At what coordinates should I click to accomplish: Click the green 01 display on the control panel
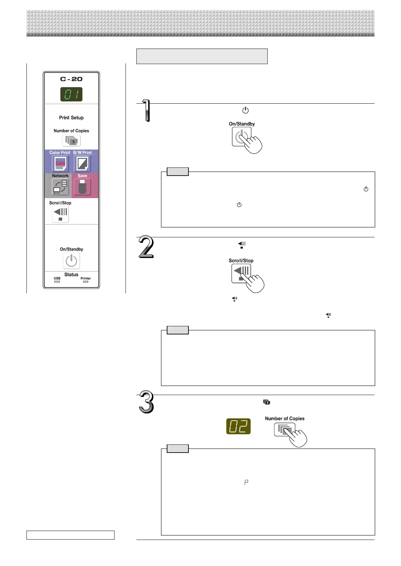(71, 94)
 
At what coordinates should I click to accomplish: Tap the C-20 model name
(71, 79)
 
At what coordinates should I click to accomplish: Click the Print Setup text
(71, 118)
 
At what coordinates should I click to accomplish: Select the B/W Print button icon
(82, 164)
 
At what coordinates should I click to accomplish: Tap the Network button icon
(60, 187)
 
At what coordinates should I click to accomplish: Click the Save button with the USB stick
(82, 187)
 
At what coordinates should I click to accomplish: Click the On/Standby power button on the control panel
(71, 261)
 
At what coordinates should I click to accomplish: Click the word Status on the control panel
(71, 275)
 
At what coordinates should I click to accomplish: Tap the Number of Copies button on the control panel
(71, 141)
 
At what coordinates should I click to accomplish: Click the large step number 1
(146, 111)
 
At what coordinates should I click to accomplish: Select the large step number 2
(146, 247)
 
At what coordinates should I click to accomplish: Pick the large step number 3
(146, 402)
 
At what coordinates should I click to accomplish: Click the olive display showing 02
(238, 426)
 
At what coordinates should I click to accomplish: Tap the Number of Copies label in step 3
(284, 419)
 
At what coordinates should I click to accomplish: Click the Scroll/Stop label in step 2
(241, 261)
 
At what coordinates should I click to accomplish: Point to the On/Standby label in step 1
(242, 124)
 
